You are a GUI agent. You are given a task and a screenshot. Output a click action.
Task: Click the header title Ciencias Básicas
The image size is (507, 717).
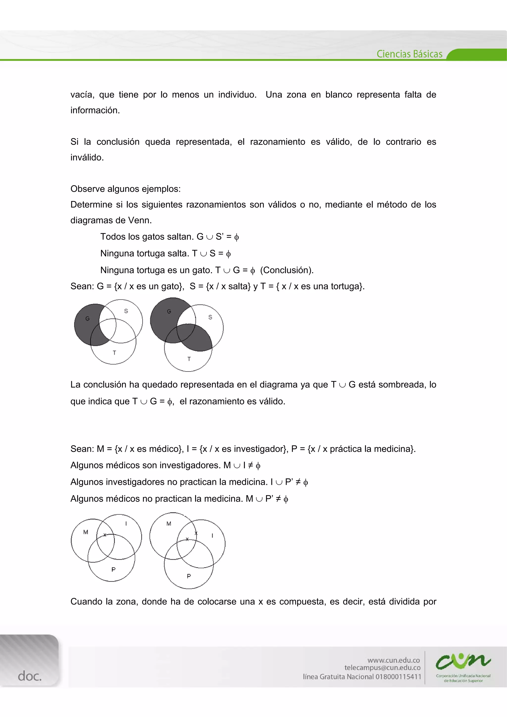coord(409,54)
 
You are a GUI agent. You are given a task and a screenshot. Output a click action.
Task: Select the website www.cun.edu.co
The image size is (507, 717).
coord(393,660)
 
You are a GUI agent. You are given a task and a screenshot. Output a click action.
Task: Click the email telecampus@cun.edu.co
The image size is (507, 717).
coord(382,668)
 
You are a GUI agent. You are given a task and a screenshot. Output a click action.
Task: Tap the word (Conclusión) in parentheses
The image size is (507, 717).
coord(287,270)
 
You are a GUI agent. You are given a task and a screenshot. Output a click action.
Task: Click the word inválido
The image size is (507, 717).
coord(87,157)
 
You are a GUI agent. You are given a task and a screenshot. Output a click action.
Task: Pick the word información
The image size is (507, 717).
coord(95,110)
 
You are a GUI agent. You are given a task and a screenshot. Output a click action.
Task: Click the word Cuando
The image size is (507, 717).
coord(87,601)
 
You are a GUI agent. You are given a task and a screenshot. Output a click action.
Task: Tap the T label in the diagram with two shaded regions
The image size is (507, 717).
coord(189,359)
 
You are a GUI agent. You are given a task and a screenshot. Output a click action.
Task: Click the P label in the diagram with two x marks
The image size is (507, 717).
coord(189,576)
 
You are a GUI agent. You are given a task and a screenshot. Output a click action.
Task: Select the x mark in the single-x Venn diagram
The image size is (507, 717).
coord(105,535)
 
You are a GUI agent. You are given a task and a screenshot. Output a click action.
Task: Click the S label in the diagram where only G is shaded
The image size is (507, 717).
coord(126,311)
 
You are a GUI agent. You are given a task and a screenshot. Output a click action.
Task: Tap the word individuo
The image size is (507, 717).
coord(237,95)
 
